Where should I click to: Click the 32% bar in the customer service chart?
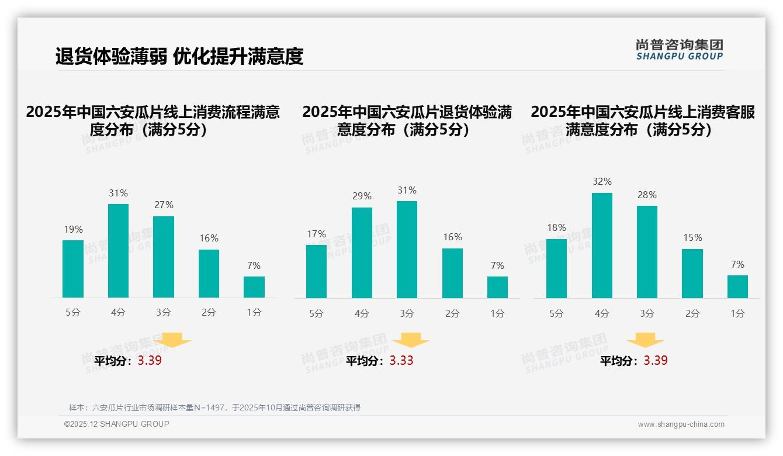pyautogui.click(x=602, y=246)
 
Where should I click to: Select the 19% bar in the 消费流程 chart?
pyautogui.click(x=73, y=269)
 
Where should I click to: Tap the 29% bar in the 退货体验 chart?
pyautogui.click(x=362, y=253)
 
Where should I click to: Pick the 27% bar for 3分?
pyautogui.click(x=164, y=257)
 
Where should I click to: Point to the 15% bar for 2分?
pyautogui.click(x=692, y=274)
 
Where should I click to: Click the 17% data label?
pyautogui.click(x=316, y=234)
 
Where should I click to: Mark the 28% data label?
pyautogui.click(x=647, y=195)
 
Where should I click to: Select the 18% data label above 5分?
pyautogui.click(x=556, y=227)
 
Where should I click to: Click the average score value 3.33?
pyautogui.click(x=401, y=361)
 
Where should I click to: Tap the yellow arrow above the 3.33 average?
pyautogui.click(x=411, y=340)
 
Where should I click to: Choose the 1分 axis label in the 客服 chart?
pyautogui.click(x=737, y=314)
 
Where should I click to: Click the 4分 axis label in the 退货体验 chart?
pyautogui.click(x=362, y=314)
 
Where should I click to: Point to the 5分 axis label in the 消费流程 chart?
pyautogui.click(x=73, y=313)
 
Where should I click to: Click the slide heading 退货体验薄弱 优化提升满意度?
pyautogui.click(x=179, y=56)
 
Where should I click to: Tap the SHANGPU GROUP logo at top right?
pyautogui.click(x=679, y=50)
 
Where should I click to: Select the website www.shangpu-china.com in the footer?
pyautogui.click(x=681, y=424)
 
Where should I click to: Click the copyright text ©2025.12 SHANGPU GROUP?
pyautogui.click(x=117, y=424)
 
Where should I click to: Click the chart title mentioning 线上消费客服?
pyautogui.click(x=643, y=120)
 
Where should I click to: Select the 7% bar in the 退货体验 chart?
pyautogui.click(x=497, y=287)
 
